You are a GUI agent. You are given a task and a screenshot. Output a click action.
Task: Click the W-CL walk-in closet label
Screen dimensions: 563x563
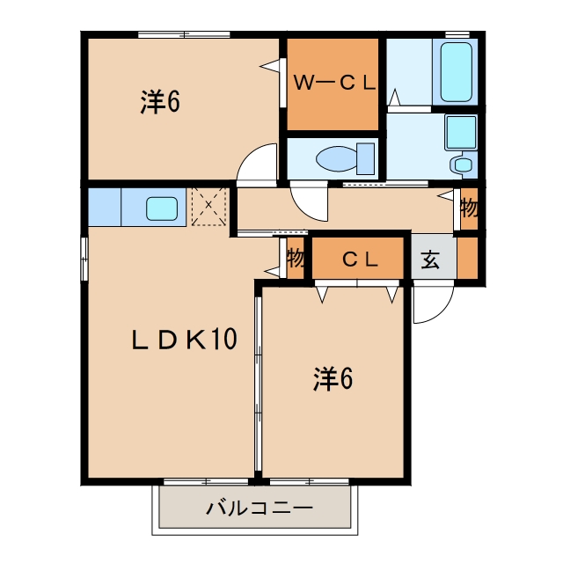pos(334,83)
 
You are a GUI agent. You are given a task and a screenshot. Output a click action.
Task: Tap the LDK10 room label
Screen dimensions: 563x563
pos(185,339)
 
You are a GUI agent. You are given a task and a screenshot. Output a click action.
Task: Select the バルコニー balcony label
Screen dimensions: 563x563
pos(260,508)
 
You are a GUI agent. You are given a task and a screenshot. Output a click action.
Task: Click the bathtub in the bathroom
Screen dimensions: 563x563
pos(456,72)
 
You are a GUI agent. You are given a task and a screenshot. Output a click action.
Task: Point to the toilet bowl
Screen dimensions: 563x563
pos(337,158)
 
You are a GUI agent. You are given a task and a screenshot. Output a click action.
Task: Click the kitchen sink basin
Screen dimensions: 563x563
pos(162,208)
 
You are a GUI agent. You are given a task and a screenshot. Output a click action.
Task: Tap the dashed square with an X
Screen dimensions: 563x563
pos(208,207)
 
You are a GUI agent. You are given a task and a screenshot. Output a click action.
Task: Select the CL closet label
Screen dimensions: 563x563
pos(360,260)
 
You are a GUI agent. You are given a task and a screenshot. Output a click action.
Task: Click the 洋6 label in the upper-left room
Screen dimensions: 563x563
pos(160,102)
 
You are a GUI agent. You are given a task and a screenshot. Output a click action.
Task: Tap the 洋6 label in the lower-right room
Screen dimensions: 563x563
pos(333,379)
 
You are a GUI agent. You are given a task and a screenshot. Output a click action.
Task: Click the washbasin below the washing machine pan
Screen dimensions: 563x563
pos(463,165)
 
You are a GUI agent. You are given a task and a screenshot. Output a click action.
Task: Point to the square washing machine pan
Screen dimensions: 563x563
pos(461,133)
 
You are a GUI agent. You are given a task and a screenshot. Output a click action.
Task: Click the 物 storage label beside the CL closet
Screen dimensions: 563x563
pos(296,258)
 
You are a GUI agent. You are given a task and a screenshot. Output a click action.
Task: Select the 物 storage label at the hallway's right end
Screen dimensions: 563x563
pos(469,208)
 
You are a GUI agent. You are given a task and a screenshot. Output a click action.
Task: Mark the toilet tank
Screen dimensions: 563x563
pos(366,158)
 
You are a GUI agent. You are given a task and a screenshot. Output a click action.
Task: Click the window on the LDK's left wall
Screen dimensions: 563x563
pos(84,259)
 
